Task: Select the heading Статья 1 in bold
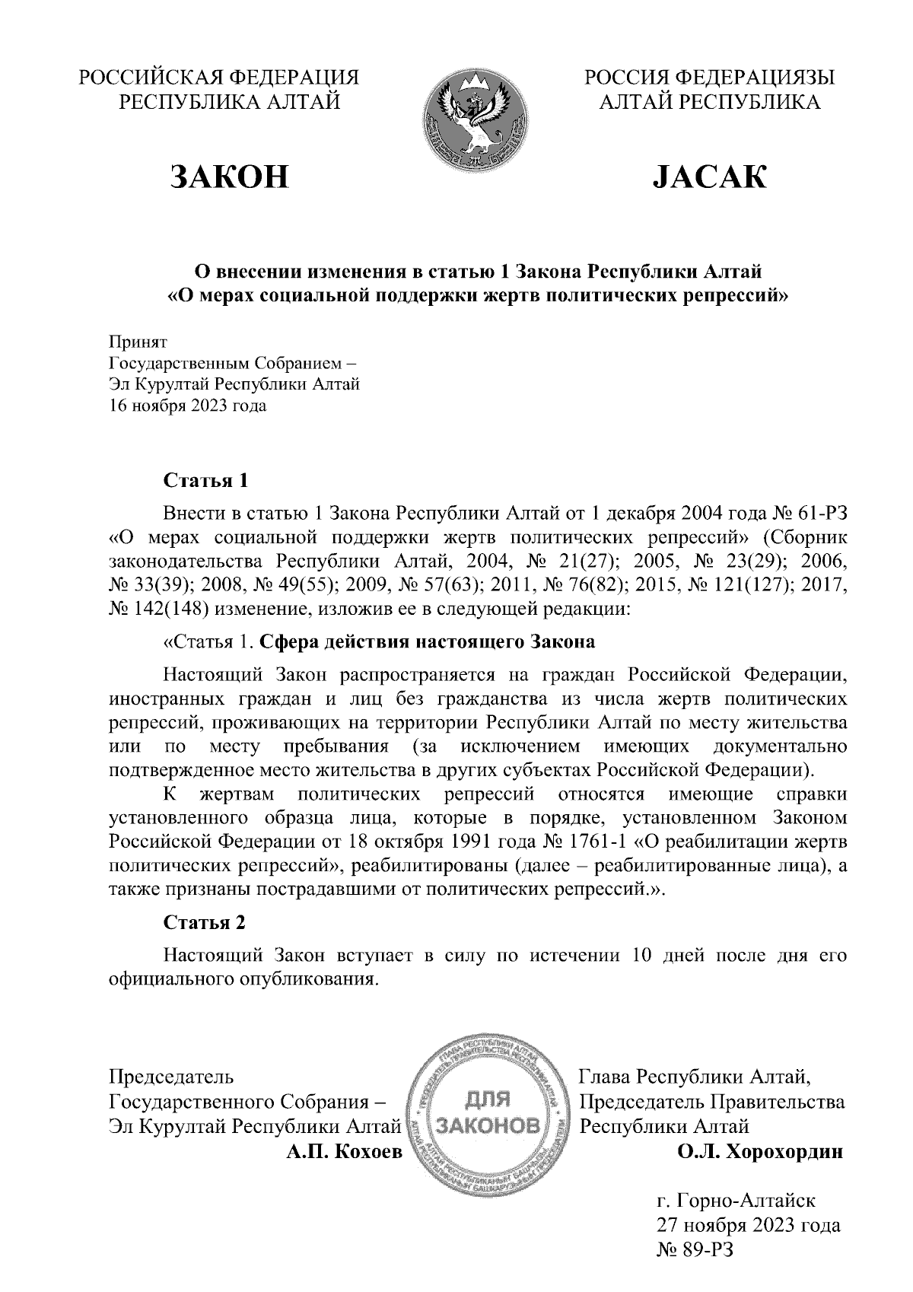coord(206,481)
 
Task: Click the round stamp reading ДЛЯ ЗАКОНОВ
coord(489,1112)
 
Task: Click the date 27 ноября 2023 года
coord(748,1225)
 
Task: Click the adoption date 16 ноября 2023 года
coord(188,406)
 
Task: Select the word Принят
coord(138,342)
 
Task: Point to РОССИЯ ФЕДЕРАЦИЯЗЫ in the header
coord(709,78)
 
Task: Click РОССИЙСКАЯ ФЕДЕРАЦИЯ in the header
coord(220,78)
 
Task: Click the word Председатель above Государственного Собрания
coord(172,1077)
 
